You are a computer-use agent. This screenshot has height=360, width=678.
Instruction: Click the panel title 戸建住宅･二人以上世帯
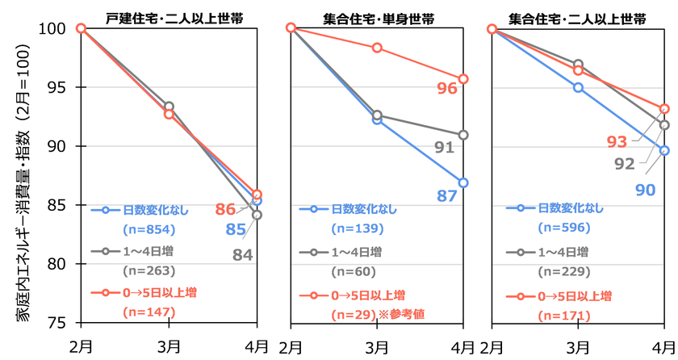coord(168,17)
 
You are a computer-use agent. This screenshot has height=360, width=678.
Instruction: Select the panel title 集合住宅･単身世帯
coord(376,17)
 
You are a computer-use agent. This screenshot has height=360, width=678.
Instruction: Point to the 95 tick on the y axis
coord(59,87)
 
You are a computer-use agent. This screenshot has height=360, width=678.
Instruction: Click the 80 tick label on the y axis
coord(59,264)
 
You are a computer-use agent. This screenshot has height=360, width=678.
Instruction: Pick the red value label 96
coord(446,88)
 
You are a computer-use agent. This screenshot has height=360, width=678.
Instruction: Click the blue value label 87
coord(447,195)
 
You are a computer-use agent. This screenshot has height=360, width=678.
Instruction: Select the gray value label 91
coord(444,148)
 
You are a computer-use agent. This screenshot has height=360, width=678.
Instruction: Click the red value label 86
coord(225,210)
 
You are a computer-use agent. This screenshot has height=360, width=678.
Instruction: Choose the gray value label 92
coord(626,164)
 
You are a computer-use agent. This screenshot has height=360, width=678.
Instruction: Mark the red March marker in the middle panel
coord(377,48)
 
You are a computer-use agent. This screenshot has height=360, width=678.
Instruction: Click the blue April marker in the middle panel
coord(463,182)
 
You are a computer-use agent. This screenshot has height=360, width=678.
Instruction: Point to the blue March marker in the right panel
coord(578,87)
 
